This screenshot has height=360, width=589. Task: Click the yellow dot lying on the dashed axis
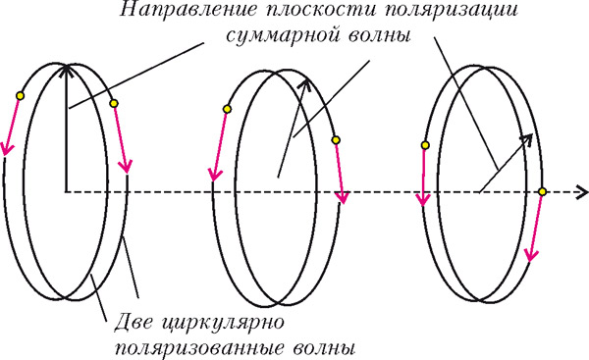click(542, 190)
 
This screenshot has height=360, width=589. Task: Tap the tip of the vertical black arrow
click(65, 67)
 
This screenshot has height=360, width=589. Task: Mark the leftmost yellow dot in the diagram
click(20, 95)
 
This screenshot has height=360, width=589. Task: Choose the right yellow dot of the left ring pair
click(114, 103)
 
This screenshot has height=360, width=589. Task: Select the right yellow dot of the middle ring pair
click(336, 140)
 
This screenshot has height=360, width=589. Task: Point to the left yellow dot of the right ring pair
click(425, 145)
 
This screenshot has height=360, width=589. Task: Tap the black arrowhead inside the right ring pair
click(527, 138)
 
